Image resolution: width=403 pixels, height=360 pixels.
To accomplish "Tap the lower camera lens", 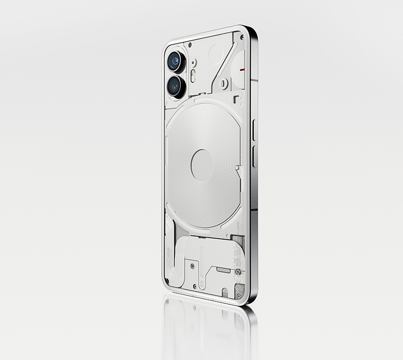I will coord(175,85).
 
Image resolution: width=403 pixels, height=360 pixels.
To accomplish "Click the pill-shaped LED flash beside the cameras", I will coord(193,77).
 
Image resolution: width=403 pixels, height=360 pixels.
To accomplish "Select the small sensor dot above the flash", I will coord(194,62).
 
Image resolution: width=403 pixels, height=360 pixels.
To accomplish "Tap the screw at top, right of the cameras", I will coord(190,45).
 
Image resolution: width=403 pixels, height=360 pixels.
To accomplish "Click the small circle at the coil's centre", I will coord(202,166).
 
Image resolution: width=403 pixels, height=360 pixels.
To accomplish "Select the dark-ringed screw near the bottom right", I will coord(237,271).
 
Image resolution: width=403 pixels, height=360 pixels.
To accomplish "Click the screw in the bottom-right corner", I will coord(238,296).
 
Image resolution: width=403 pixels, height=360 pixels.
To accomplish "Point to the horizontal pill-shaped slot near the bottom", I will coord(223,269).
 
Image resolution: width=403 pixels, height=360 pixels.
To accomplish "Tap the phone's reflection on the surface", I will coord(208,329).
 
